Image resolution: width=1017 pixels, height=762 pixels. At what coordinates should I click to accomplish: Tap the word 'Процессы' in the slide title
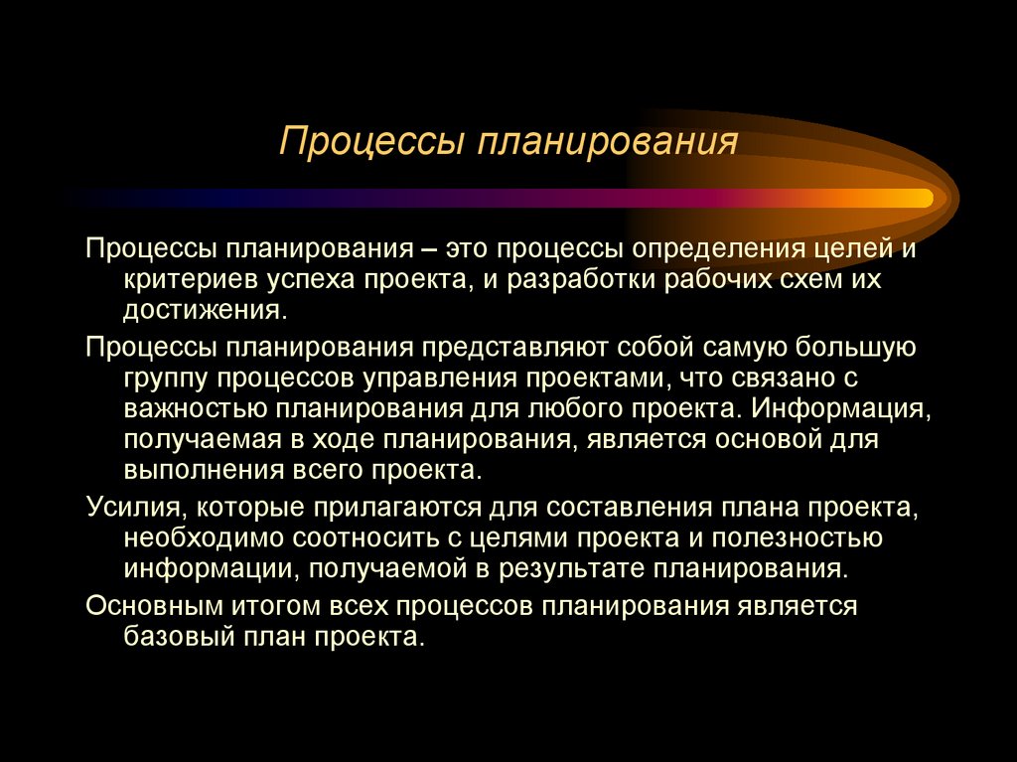(373, 142)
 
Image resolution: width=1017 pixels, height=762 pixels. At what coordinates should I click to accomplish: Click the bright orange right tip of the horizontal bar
(919, 198)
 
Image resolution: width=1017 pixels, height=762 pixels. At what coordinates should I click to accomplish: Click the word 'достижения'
(203, 310)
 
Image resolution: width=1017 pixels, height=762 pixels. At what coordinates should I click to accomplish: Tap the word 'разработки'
(582, 278)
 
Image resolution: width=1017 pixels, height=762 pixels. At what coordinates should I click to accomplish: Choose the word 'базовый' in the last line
(180, 638)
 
